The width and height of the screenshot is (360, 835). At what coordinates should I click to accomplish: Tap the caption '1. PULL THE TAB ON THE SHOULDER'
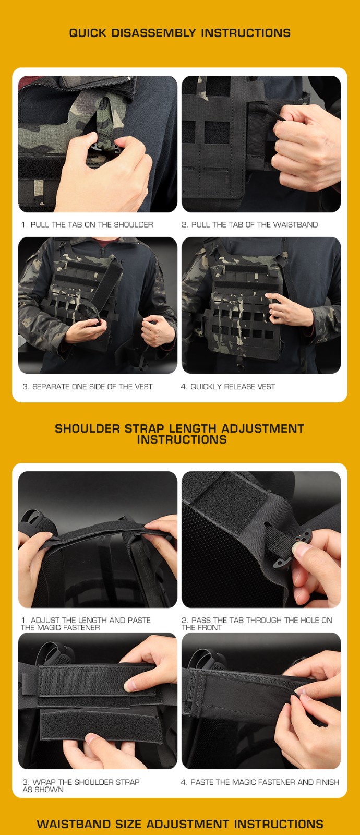pos(87,225)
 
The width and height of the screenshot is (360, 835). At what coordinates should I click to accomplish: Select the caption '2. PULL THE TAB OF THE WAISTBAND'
pos(250,225)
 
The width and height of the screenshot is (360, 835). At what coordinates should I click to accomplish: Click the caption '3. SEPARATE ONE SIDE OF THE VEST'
pos(88,387)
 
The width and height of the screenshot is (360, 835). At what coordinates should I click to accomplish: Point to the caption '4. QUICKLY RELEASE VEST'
pos(227,387)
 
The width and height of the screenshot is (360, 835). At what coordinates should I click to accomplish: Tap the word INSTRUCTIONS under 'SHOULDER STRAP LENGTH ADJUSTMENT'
pos(182,439)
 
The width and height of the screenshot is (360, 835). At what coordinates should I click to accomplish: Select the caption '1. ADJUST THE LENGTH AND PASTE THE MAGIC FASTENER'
pos(86,624)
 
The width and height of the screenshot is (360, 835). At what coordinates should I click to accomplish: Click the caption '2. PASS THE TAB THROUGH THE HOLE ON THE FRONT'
pos(256,624)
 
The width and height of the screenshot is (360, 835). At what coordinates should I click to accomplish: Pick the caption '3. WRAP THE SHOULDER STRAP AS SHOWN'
pos(81,785)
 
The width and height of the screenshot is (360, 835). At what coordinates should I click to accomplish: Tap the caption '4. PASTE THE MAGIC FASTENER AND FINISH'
pos(260,782)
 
